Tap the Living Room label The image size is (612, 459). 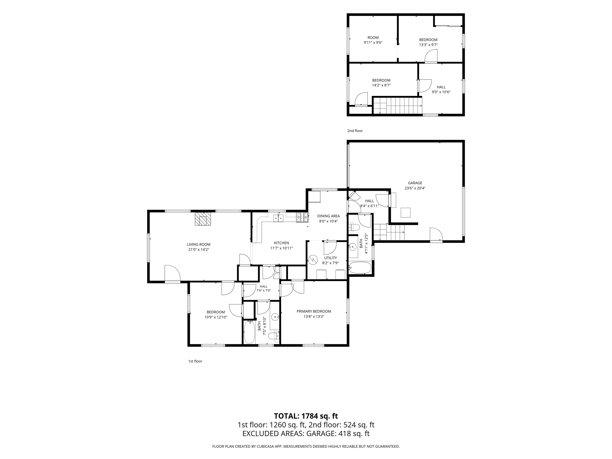[x=199, y=244]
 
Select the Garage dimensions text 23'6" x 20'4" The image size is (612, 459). [x=415, y=188]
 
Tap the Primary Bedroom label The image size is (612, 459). [x=314, y=311]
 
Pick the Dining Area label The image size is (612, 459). [x=328, y=216]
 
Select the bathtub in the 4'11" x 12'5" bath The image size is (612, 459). [x=360, y=268]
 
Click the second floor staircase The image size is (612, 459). [x=398, y=105]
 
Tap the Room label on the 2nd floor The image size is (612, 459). [x=373, y=38]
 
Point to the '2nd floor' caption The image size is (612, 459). [x=355, y=131]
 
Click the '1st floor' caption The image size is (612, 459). [x=195, y=361]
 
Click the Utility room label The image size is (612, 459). [x=330, y=258]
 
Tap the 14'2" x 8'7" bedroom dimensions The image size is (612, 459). [x=381, y=85]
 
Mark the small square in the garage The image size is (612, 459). [x=406, y=213]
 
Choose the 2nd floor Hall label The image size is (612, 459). [x=441, y=87]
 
